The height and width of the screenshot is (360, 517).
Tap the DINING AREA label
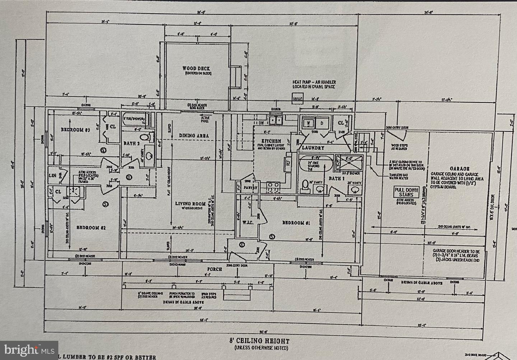point(194,136)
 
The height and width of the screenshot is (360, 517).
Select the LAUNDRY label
point(313,148)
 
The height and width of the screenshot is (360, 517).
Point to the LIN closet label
point(52,175)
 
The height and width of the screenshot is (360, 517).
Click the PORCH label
point(214,269)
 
